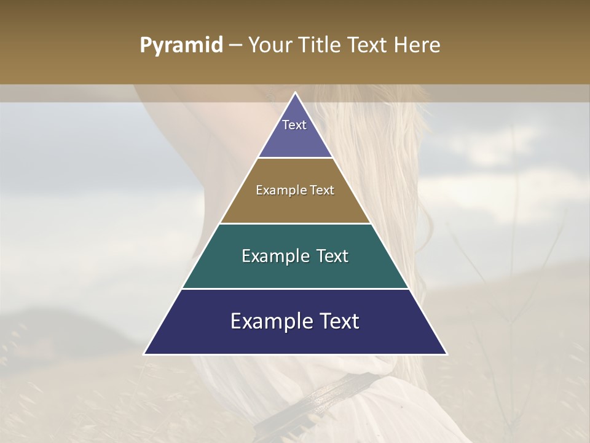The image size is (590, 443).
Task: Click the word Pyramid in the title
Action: pos(181,46)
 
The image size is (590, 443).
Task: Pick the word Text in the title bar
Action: pos(369,46)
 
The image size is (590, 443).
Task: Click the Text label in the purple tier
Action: pos(294,125)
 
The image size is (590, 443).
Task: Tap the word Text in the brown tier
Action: pos(322,191)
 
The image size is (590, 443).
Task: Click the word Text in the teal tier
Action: pos(332,256)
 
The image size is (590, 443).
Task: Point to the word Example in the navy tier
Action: pos(270,321)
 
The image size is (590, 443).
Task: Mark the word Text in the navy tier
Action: pos(340,321)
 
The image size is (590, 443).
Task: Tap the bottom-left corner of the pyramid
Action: pos(145,354)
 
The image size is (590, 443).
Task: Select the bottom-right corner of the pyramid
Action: pos(446,354)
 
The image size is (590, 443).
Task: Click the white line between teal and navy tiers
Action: pos(296,289)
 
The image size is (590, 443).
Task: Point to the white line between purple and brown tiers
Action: pos(296,158)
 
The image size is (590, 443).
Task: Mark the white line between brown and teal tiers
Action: pos(296,223)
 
